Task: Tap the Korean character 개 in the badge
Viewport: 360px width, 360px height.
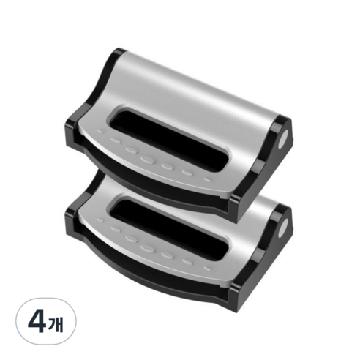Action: point(56,323)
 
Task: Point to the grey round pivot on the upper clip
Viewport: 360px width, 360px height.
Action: point(283,142)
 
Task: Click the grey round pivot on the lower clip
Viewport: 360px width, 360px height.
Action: point(283,228)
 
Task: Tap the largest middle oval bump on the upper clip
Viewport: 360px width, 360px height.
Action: point(148,160)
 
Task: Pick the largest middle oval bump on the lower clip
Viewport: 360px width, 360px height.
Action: point(148,248)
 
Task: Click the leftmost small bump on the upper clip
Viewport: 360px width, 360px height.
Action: point(100,132)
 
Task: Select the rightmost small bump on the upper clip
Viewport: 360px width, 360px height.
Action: point(207,181)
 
